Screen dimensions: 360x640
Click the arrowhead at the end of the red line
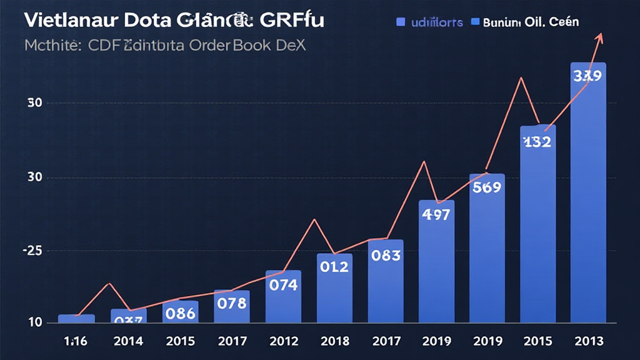(x=601, y=36)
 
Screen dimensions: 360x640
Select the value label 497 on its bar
(x=436, y=214)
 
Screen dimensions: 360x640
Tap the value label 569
(x=486, y=187)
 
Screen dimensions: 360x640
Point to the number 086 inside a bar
(x=180, y=313)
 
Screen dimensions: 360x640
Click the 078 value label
(x=231, y=303)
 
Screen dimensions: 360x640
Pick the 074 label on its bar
(x=282, y=285)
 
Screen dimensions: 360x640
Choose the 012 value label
(x=334, y=267)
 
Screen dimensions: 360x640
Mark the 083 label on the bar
(x=385, y=255)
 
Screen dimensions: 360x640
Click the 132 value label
(x=537, y=142)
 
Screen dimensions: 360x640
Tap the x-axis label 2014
(x=128, y=341)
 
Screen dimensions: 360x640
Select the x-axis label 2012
(x=282, y=341)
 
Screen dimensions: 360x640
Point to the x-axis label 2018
(x=334, y=341)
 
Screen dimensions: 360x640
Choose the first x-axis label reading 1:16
(x=76, y=341)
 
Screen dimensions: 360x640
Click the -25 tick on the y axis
(x=32, y=251)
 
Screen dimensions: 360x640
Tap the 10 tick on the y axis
(x=35, y=323)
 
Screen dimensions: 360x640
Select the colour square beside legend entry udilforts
(x=401, y=22)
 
